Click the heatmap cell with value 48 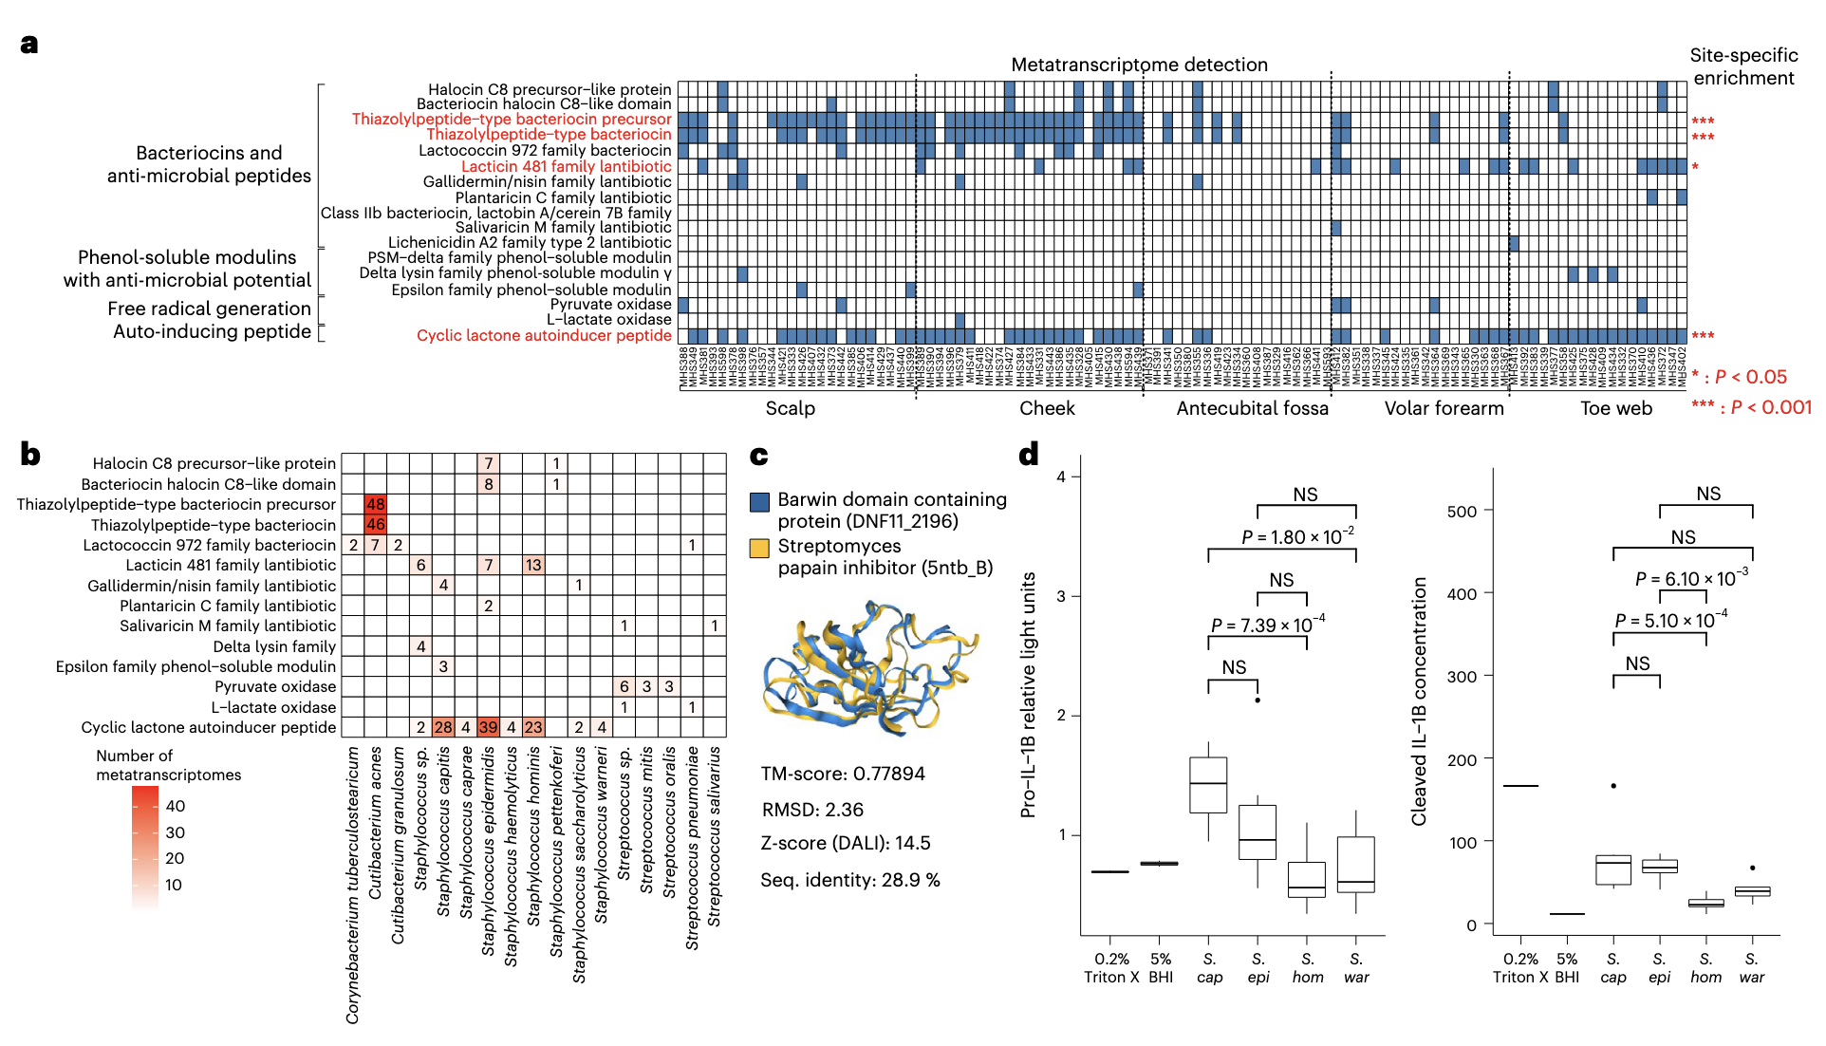click(x=375, y=504)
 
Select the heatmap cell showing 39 click(x=488, y=727)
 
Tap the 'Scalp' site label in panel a click(x=790, y=408)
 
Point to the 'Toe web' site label click(x=1615, y=408)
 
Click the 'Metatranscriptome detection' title click(x=1139, y=65)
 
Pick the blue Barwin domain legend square click(x=759, y=501)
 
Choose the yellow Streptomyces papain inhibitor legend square click(x=759, y=548)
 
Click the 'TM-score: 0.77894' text click(x=842, y=774)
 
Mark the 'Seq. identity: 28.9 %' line click(x=849, y=880)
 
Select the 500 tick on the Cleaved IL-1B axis click(x=1462, y=511)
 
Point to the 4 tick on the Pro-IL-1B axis click(x=1061, y=476)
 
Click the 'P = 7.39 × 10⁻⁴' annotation click(x=1267, y=625)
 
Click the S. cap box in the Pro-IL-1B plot click(x=1208, y=784)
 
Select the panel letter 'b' click(x=30, y=455)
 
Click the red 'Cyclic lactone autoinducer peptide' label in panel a click(x=544, y=335)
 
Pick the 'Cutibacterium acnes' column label click(x=376, y=822)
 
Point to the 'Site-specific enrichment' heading click(x=1743, y=66)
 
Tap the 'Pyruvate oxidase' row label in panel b click(x=274, y=686)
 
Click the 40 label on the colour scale click(x=176, y=806)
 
